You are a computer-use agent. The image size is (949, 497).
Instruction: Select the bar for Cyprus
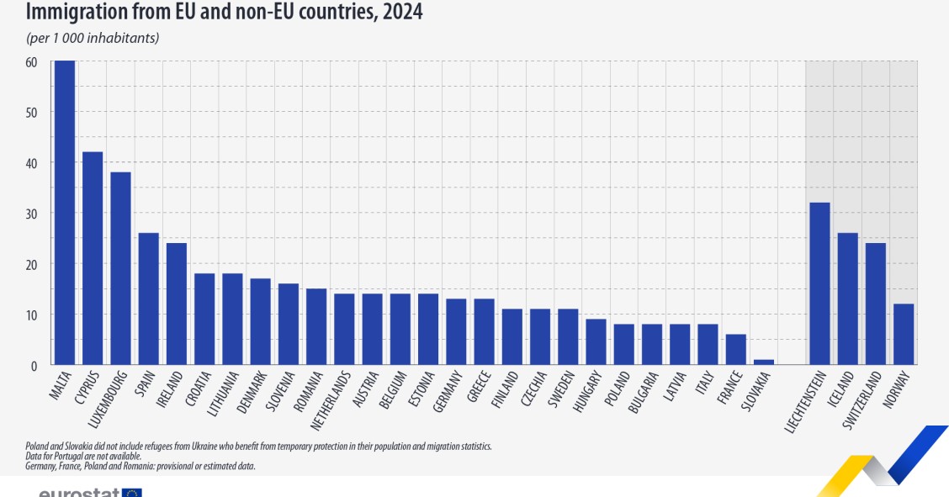point(93,258)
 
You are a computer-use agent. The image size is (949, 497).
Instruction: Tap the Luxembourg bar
point(120,268)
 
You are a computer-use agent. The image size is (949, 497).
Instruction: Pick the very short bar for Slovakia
point(763,362)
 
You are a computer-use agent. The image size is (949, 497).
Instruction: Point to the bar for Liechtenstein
point(819,283)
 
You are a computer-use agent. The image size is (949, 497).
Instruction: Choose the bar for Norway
point(903,334)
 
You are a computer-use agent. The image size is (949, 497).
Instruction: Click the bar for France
point(735,349)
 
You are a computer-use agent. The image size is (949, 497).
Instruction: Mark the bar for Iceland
point(847,299)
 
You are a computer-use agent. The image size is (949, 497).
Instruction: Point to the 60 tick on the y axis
point(31,61)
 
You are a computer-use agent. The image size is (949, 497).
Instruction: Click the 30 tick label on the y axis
point(31,214)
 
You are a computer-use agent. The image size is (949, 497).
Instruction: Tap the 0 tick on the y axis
point(34,366)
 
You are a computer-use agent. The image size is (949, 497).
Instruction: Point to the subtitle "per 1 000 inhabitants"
point(93,38)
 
